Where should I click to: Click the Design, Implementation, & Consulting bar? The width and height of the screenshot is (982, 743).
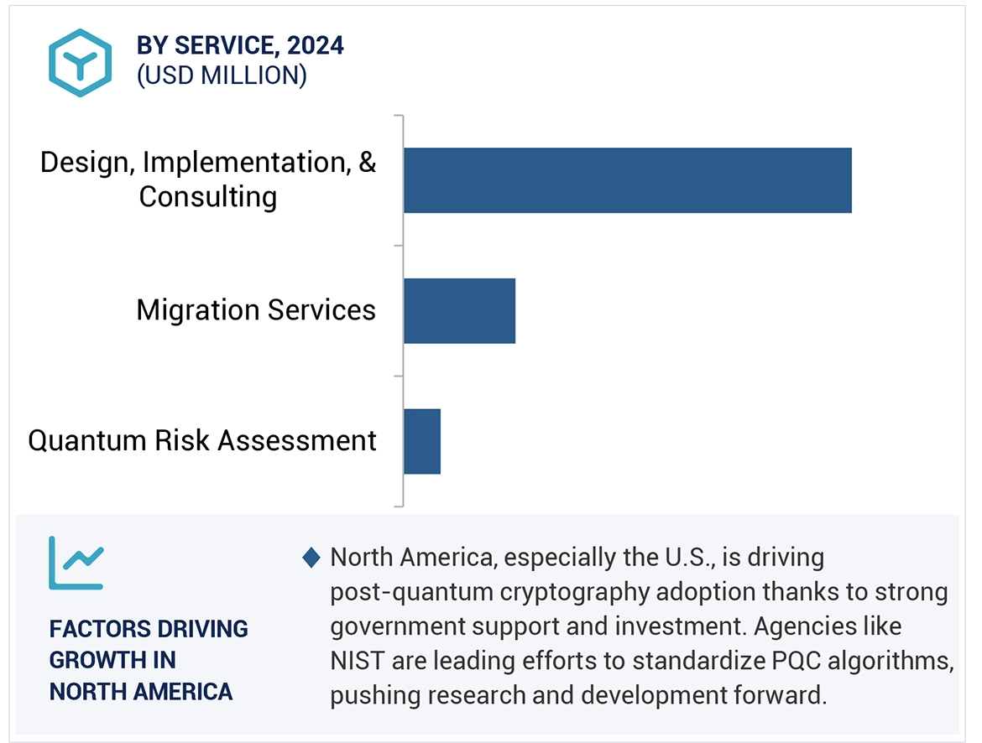[x=627, y=180]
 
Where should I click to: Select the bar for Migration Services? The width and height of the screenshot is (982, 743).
[x=459, y=311]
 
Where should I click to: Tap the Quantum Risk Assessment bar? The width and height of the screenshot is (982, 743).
[x=422, y=441]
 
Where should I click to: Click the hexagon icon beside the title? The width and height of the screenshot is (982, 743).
[x=80, y=62]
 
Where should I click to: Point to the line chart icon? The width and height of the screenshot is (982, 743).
[x=76, y=563]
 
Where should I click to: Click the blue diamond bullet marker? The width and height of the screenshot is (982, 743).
[x=311, y=558]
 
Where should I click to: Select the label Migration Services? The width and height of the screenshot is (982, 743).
[x=256, y=310]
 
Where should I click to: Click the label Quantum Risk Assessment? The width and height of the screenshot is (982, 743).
[x=202, y=440]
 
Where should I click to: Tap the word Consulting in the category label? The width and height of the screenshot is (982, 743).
[x=208, y=197]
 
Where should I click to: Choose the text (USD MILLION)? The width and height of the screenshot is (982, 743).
[x=222, y=75]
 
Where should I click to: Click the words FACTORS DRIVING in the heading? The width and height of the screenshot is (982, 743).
[x=149, y=629]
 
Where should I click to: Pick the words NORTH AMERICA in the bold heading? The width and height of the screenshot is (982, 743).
[x=141, y=691]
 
